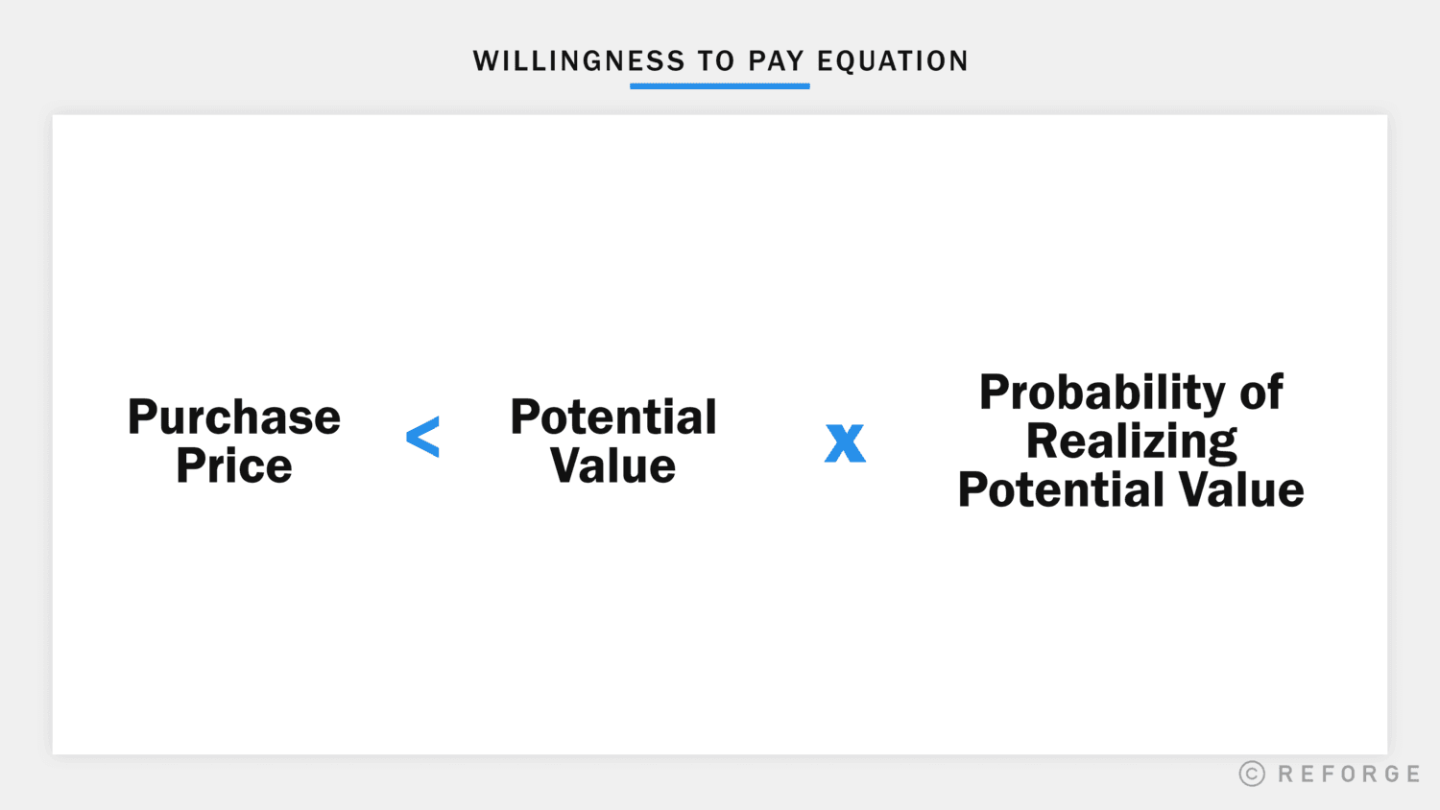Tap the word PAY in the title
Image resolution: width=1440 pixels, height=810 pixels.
(x=776, y=61)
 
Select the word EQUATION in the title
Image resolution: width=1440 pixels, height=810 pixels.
(x=893, y=61)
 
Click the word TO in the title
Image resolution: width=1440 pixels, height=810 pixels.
(x=715, y=61)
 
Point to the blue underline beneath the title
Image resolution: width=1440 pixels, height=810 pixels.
(x=719, y=86)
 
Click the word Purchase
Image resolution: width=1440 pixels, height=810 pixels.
(x=234, y=417)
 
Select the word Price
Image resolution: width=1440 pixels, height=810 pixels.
(x=234, y=466)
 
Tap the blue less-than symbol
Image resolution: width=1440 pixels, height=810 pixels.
(x=422, y=438)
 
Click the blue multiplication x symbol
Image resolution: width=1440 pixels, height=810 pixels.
(x=845, y=442)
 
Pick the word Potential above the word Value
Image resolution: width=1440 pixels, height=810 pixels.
(x=613, y=417)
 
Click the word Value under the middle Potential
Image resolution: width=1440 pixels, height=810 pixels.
(x=613, y=466)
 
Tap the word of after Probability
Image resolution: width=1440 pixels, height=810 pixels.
(x=1261, y=393)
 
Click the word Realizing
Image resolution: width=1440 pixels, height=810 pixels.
(x=1131, y=442)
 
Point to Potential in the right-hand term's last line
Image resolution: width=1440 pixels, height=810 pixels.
(x=1061, y=490)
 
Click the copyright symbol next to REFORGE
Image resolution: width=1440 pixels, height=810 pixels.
(x=1252, y=774)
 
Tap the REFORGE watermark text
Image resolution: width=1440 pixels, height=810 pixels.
(x=1349, y=774)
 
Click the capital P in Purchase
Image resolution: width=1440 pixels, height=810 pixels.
(x=142, y=417)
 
